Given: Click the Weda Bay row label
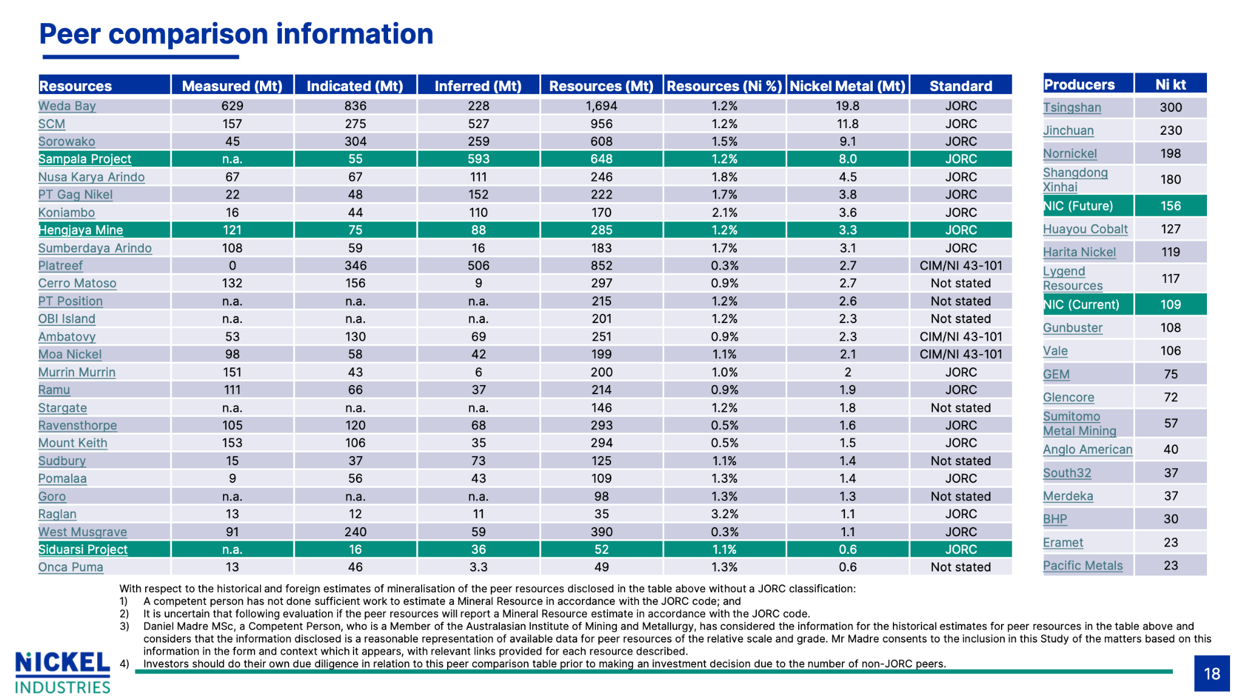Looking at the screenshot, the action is click(x=67, y=106).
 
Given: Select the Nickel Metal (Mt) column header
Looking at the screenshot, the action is click(x=847, y=86).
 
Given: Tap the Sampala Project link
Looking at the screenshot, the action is click(x=84, y=159).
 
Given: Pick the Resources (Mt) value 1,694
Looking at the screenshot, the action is click(x=601, y=106).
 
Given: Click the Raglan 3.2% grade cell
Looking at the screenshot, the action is click(x=725, y=514).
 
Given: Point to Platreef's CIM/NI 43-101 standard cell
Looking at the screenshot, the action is click(x=961, y=266).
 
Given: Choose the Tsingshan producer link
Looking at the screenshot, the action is click(x=1072, y=107).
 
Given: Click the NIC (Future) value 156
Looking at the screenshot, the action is click(x=1171, y=206).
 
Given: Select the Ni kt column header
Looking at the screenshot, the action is click(x=1171, y=84).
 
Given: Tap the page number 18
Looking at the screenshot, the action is click(x=1212, y=673).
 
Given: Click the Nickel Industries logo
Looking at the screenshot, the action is click(x=63, y=672).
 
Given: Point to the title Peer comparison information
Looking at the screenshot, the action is click(x=236, y=34).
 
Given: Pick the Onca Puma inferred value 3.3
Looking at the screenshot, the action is click(x=479, y=567).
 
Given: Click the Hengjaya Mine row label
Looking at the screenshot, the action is click(x=81, y=230).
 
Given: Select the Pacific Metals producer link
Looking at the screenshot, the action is click(x=1083, y=566).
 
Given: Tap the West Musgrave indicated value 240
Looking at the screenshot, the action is click(x=355, y=532).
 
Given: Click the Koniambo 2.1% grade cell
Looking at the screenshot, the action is click(x=725, y=213).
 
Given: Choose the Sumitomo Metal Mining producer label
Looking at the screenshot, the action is click(x=1079, y=424).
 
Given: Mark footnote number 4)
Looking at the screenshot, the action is click(x=125, y=664).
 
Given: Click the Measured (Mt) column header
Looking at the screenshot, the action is click(x=232, y=86).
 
